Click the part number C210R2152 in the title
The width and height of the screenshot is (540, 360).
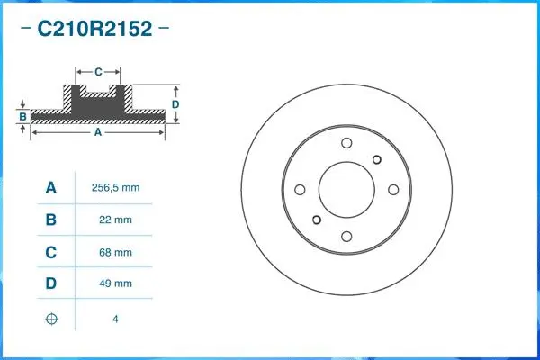[94, 29]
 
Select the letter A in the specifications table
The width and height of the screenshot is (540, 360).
[51, 188]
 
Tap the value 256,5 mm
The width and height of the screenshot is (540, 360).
[116, 188]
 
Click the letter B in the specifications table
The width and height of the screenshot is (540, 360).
[51, 220]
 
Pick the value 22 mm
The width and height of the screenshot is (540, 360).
[116, 220]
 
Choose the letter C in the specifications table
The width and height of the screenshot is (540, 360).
[51, 252]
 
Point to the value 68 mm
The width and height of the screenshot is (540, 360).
[116, 252]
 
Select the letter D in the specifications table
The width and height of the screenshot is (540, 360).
[51, 283]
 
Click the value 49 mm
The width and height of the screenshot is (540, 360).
[116, 283]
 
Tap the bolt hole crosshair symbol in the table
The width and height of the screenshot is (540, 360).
[51, 318]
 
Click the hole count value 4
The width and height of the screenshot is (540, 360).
[116, 319]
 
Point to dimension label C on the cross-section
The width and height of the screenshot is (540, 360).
[97, 70]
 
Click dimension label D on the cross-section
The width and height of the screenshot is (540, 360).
[175, 104]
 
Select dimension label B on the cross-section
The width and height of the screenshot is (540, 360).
[22, 117]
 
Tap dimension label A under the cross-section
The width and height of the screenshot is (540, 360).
[97, 132]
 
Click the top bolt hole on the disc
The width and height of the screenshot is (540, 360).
[346, 144]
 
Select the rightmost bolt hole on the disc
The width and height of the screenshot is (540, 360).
[392, 190]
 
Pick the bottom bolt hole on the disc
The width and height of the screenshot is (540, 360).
[346, 236]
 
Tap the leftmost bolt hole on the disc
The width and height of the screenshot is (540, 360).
[301, 190]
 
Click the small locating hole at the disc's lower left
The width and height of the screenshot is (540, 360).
[315, 220]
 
